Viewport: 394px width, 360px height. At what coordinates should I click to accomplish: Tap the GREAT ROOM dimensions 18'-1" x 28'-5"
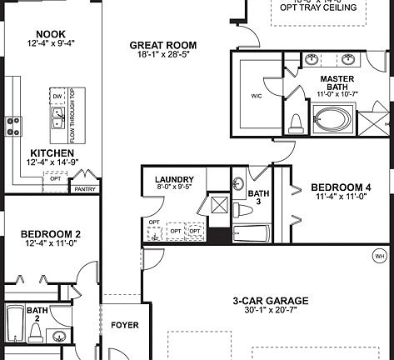(x=162, y=57)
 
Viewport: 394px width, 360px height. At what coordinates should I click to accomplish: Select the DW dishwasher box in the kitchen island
(x=58, y=97)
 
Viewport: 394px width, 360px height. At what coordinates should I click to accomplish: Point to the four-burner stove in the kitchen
(x=13, y=125)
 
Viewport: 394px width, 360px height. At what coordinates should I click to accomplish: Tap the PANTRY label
(x=85, y=189)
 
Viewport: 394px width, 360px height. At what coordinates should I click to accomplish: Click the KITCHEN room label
(x=50, y=153)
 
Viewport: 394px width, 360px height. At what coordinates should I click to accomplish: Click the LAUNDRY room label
(x=175, y=179)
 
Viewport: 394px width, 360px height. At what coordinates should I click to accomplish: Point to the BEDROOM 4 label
(x=340, y=187)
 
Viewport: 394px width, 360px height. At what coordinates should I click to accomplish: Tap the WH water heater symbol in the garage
(x=381, y=257)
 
